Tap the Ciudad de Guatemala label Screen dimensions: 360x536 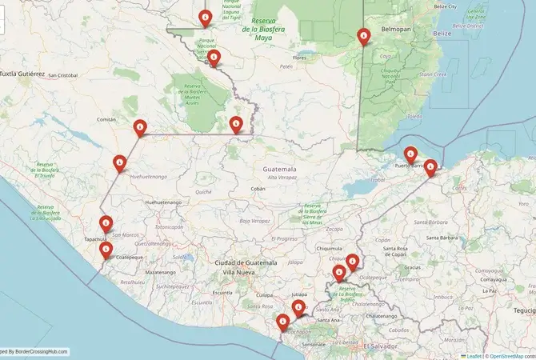click(246, 262)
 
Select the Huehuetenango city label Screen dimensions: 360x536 click(162, 202)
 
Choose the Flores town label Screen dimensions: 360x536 click(300, 58)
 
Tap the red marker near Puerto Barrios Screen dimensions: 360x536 click(410, 154)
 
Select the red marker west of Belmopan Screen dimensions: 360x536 click(364, 36)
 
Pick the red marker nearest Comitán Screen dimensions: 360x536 click(140, 127)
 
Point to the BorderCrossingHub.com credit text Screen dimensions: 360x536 click(36, 351)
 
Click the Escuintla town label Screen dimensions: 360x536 click(222, 293)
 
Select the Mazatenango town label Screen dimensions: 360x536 click(161, 273)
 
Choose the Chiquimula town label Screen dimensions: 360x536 click(329, 248)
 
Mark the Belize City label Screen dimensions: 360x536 click(445, 6)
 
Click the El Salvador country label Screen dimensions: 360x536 click(379, 346)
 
